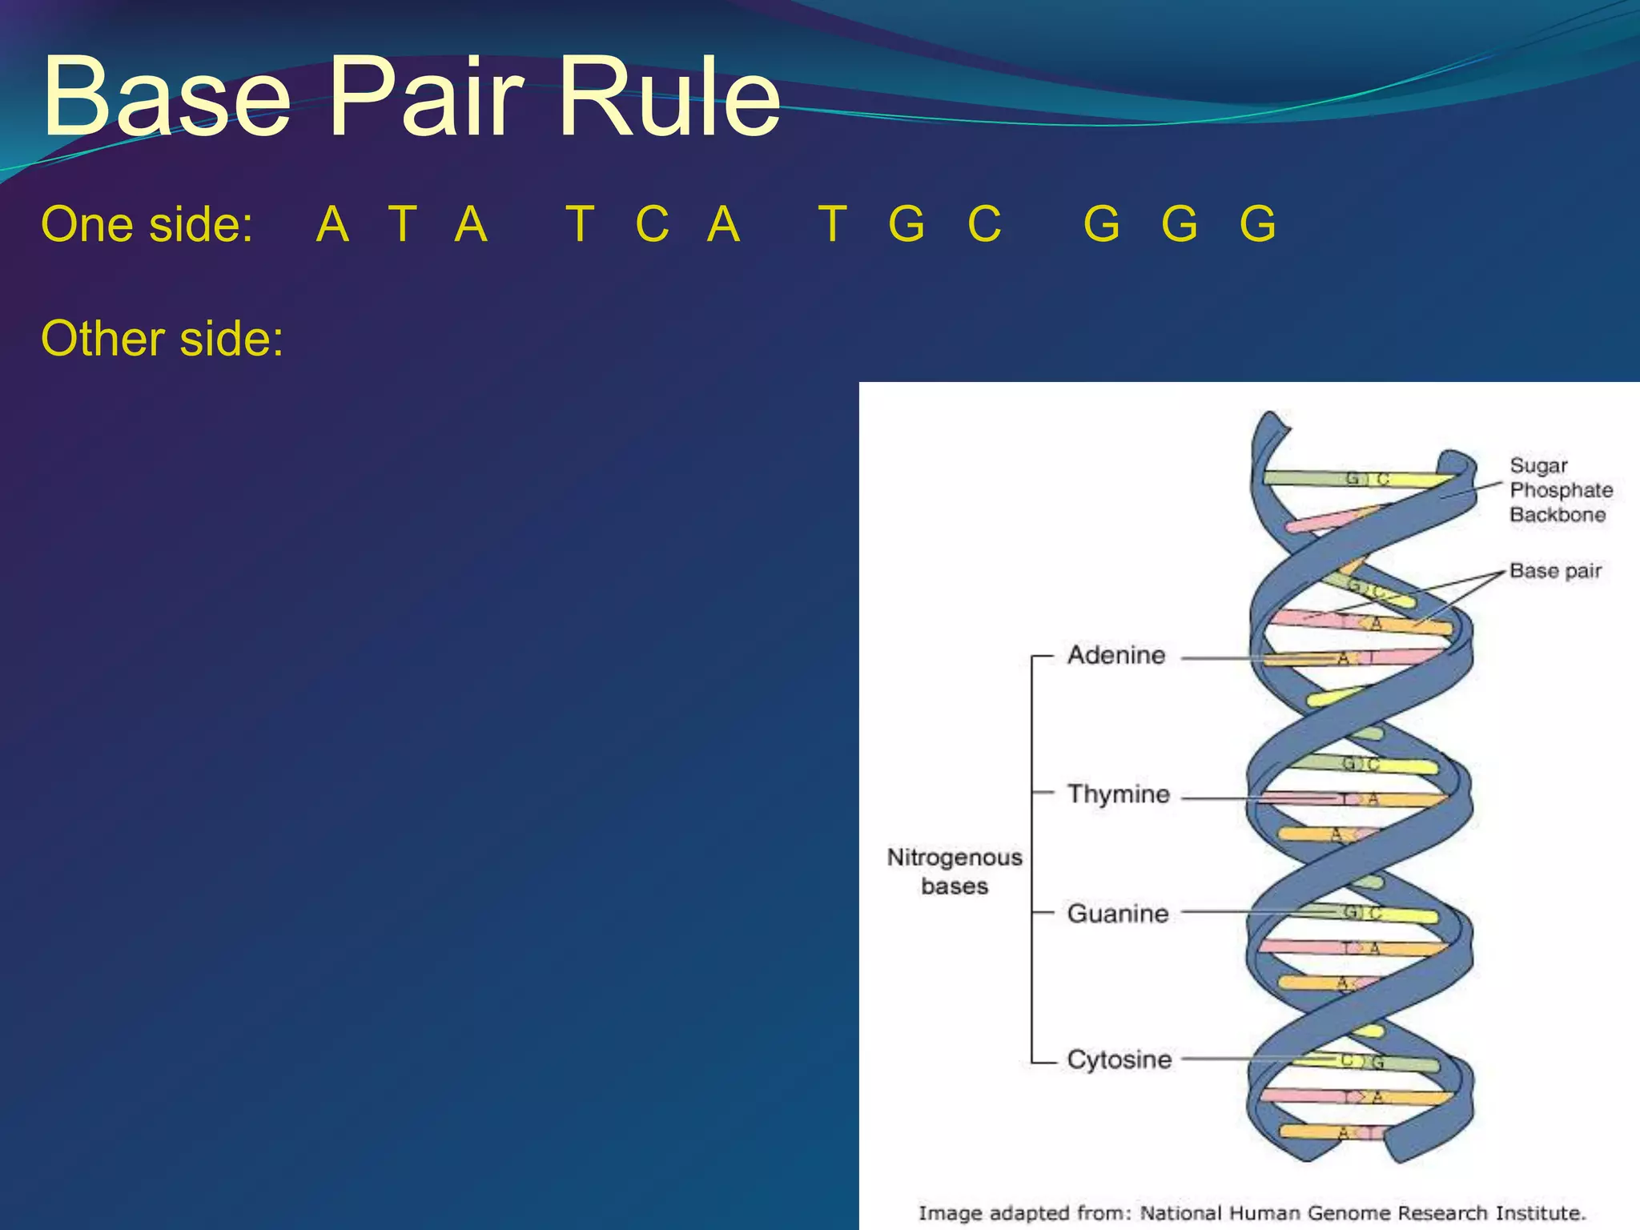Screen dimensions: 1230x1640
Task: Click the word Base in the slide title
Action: click(x=167, y=98)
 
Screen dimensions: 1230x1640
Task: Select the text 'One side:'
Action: click(x=147, y=224)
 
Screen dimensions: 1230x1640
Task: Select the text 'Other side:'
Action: click(x=162, y=339)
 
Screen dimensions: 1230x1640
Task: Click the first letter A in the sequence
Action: click(x=333, y=224)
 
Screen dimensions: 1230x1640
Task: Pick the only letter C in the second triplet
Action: click(x=652, y=224)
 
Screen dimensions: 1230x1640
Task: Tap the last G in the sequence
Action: click(x=1257, y=224)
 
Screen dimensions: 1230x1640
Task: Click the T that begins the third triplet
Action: click(x=833, y=224)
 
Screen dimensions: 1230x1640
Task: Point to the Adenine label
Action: click(x=1116, y=656)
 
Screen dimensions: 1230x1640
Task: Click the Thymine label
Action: click(x=1119, y=794)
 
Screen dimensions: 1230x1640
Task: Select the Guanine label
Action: click(x=1118, y=914)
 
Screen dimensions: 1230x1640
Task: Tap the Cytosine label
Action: click(x=1119, y=1060)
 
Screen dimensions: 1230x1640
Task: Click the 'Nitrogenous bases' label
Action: click(x=955, y=871)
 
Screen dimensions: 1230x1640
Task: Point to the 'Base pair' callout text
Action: click(x=1555, y=571)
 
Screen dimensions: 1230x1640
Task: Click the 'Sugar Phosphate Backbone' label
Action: click(x=1560, y=490)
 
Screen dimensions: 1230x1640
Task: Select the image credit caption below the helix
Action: click(x=1252, y=1213)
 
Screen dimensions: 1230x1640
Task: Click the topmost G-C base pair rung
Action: click(x=1361, y=479)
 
